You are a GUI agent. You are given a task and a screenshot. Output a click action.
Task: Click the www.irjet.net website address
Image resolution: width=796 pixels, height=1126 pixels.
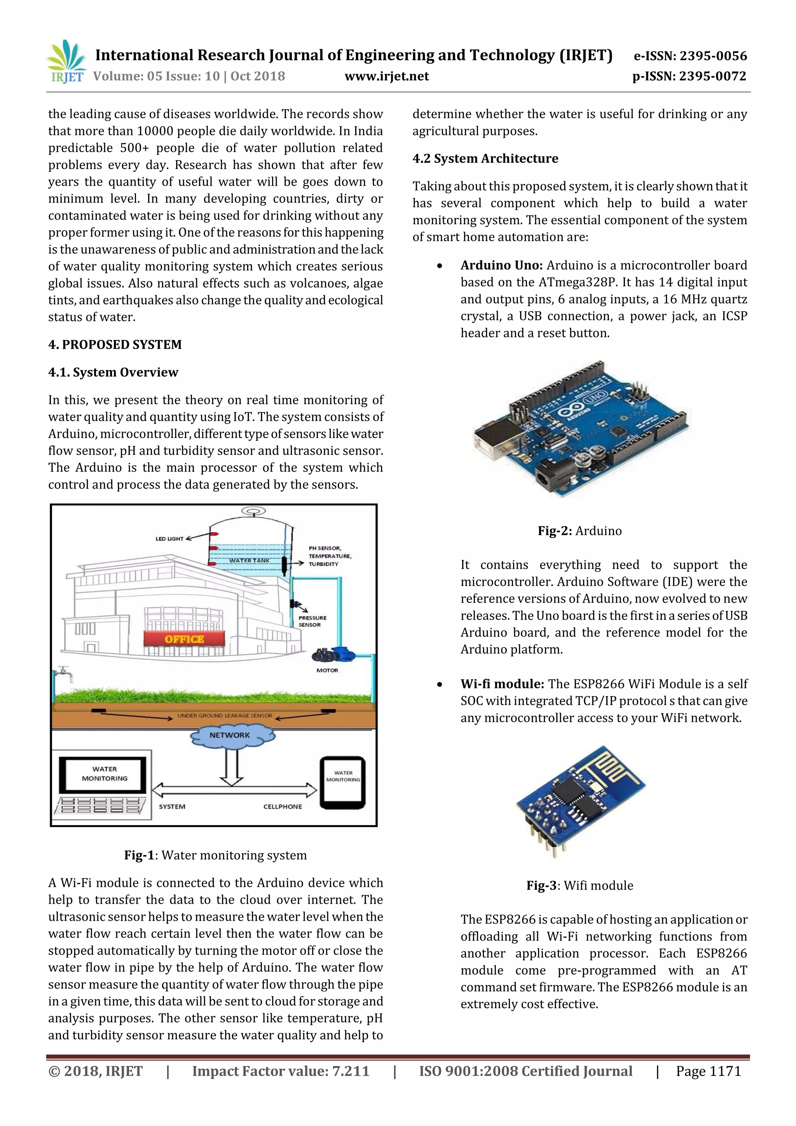(x=386, y=76)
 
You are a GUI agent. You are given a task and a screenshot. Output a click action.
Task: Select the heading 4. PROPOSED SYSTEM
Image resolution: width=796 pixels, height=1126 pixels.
(x=115, y=344)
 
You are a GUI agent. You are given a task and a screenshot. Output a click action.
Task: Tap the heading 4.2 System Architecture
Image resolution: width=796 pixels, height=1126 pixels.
(x=485, y=159)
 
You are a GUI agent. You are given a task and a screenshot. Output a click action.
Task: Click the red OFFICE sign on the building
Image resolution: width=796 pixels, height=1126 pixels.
(x=184, y=639)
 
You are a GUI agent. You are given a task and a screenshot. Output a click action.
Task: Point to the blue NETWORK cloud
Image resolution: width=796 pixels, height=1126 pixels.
(x=230, y=735)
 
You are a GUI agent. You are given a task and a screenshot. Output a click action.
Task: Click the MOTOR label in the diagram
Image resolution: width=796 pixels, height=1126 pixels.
(x=327, y=670)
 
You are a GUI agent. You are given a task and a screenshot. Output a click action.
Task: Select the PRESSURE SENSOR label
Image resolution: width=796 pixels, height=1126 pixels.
(x=312, y=621)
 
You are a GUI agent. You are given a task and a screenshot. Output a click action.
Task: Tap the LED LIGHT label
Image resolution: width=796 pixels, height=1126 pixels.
(x=169, y=538)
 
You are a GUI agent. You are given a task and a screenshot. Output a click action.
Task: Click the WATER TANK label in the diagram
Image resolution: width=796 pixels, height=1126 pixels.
(x=249, y=560)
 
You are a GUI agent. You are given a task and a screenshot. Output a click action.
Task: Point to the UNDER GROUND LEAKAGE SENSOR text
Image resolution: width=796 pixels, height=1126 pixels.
(x=225, y=716)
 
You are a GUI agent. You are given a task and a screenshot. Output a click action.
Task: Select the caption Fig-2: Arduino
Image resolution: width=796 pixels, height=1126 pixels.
(x=579, y=531)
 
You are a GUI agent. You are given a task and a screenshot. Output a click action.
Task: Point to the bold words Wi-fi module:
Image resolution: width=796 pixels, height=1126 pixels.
(x=502, y=684)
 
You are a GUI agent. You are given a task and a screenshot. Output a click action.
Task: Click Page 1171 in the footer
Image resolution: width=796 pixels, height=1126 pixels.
(x=708, y=1071)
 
